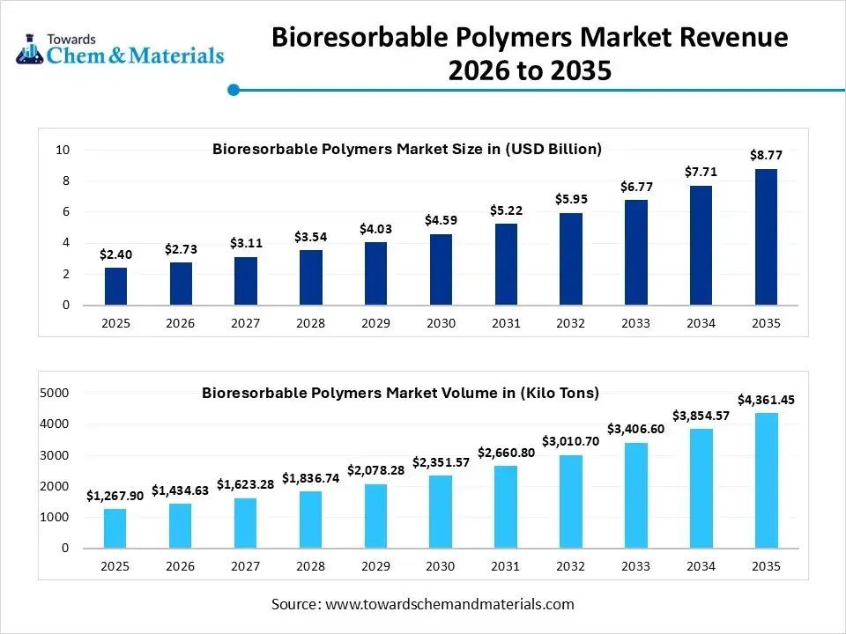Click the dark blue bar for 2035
[x=765, y=237]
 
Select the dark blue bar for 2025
[x=115, y=286]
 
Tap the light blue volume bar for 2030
[x=441, y=512]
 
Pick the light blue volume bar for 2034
[x=701, y=488]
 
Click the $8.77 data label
[x=765, y=155]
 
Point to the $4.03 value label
[x=375, y=229]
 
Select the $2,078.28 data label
[x=375, y=470]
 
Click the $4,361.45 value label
[x=765, y=400]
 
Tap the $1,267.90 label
[x=115, y=496]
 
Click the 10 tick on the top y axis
[x=63, y=150]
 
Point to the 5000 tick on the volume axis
[x=56, y=393]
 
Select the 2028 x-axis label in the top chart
[x=310, y=323]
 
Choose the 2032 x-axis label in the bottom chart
[x=570, y=566]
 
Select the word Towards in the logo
[x=71, y=39]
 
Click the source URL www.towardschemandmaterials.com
[x=449, y=604]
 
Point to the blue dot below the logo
[x=234, y=90]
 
